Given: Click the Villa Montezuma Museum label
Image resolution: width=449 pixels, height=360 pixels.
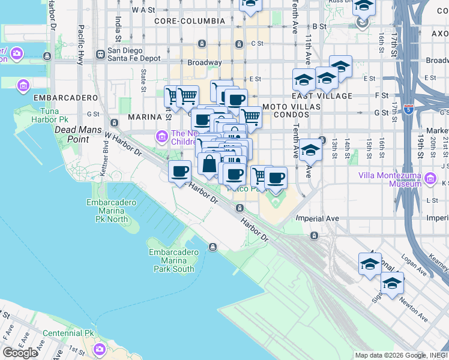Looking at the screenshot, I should coord(390,179).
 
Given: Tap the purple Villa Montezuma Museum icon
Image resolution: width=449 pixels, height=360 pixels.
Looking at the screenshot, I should coord(430,178).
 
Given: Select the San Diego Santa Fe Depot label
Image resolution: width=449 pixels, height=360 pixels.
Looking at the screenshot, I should coord(134,55).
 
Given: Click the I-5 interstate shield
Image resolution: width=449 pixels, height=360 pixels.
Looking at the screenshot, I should coord(408,109).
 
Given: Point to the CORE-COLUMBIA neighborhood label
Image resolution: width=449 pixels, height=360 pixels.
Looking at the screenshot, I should coord(189,21).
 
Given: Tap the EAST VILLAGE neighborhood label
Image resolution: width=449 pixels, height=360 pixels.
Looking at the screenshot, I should coord(322,96).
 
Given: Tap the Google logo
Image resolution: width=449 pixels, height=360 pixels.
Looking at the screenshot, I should coord(20,353).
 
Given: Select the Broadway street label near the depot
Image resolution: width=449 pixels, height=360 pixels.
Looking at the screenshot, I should coord(205,62).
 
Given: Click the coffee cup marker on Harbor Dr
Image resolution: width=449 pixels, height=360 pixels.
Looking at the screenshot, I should coord(179,172).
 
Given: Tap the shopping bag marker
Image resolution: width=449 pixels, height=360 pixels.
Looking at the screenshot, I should coord(209,164).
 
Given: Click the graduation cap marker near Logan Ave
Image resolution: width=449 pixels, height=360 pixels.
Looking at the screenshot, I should coord(370,264).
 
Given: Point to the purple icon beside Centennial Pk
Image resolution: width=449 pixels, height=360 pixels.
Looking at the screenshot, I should coord(99,349).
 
